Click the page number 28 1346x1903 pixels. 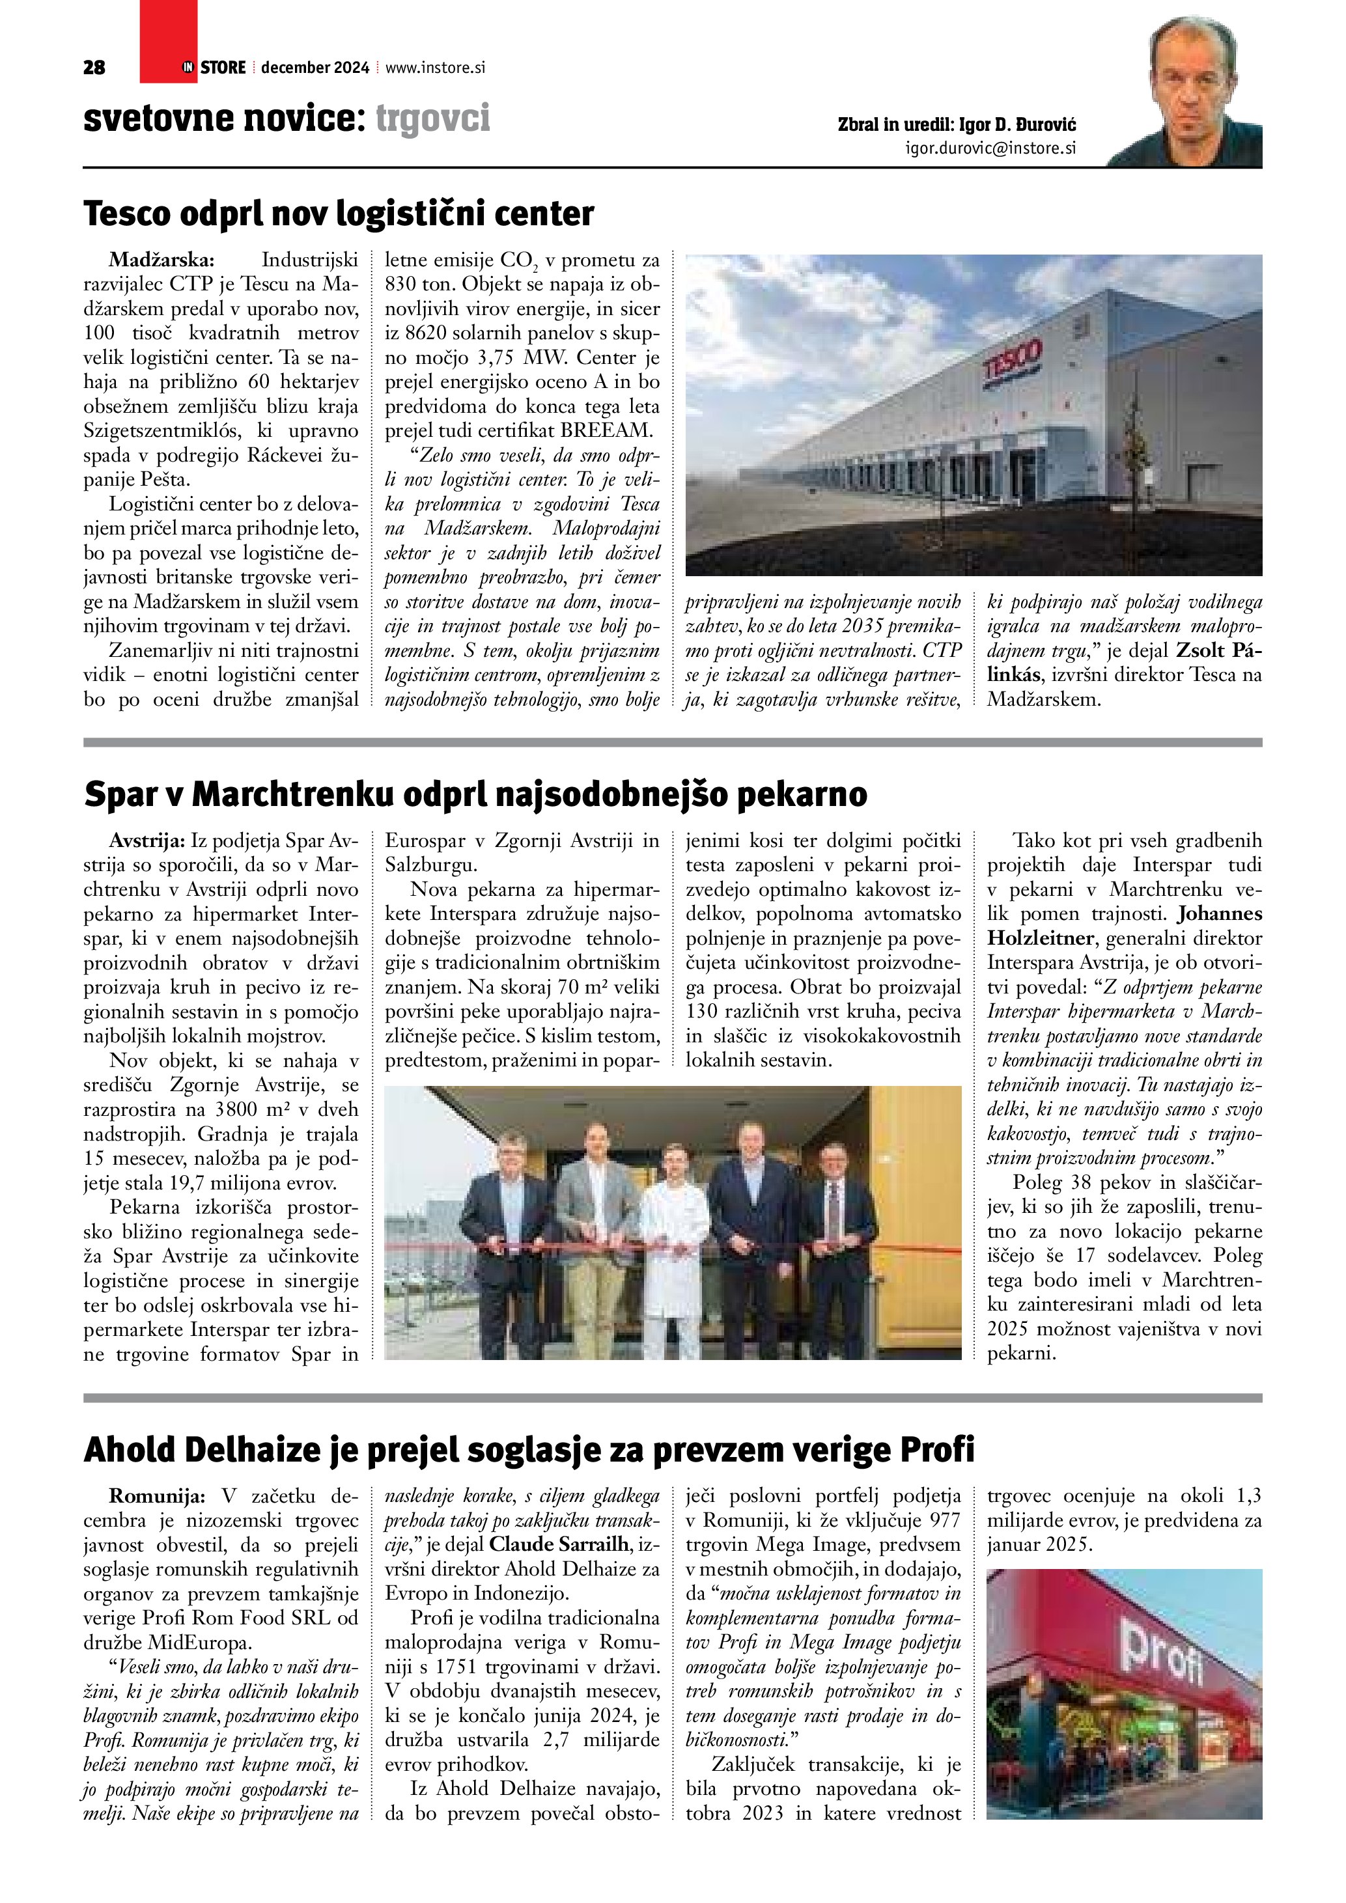94,68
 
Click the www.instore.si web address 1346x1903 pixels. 434,68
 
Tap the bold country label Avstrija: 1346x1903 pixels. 148,841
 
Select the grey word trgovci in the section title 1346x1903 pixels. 432,118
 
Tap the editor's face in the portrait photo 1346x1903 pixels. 1193,83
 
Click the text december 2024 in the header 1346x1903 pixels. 315,68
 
